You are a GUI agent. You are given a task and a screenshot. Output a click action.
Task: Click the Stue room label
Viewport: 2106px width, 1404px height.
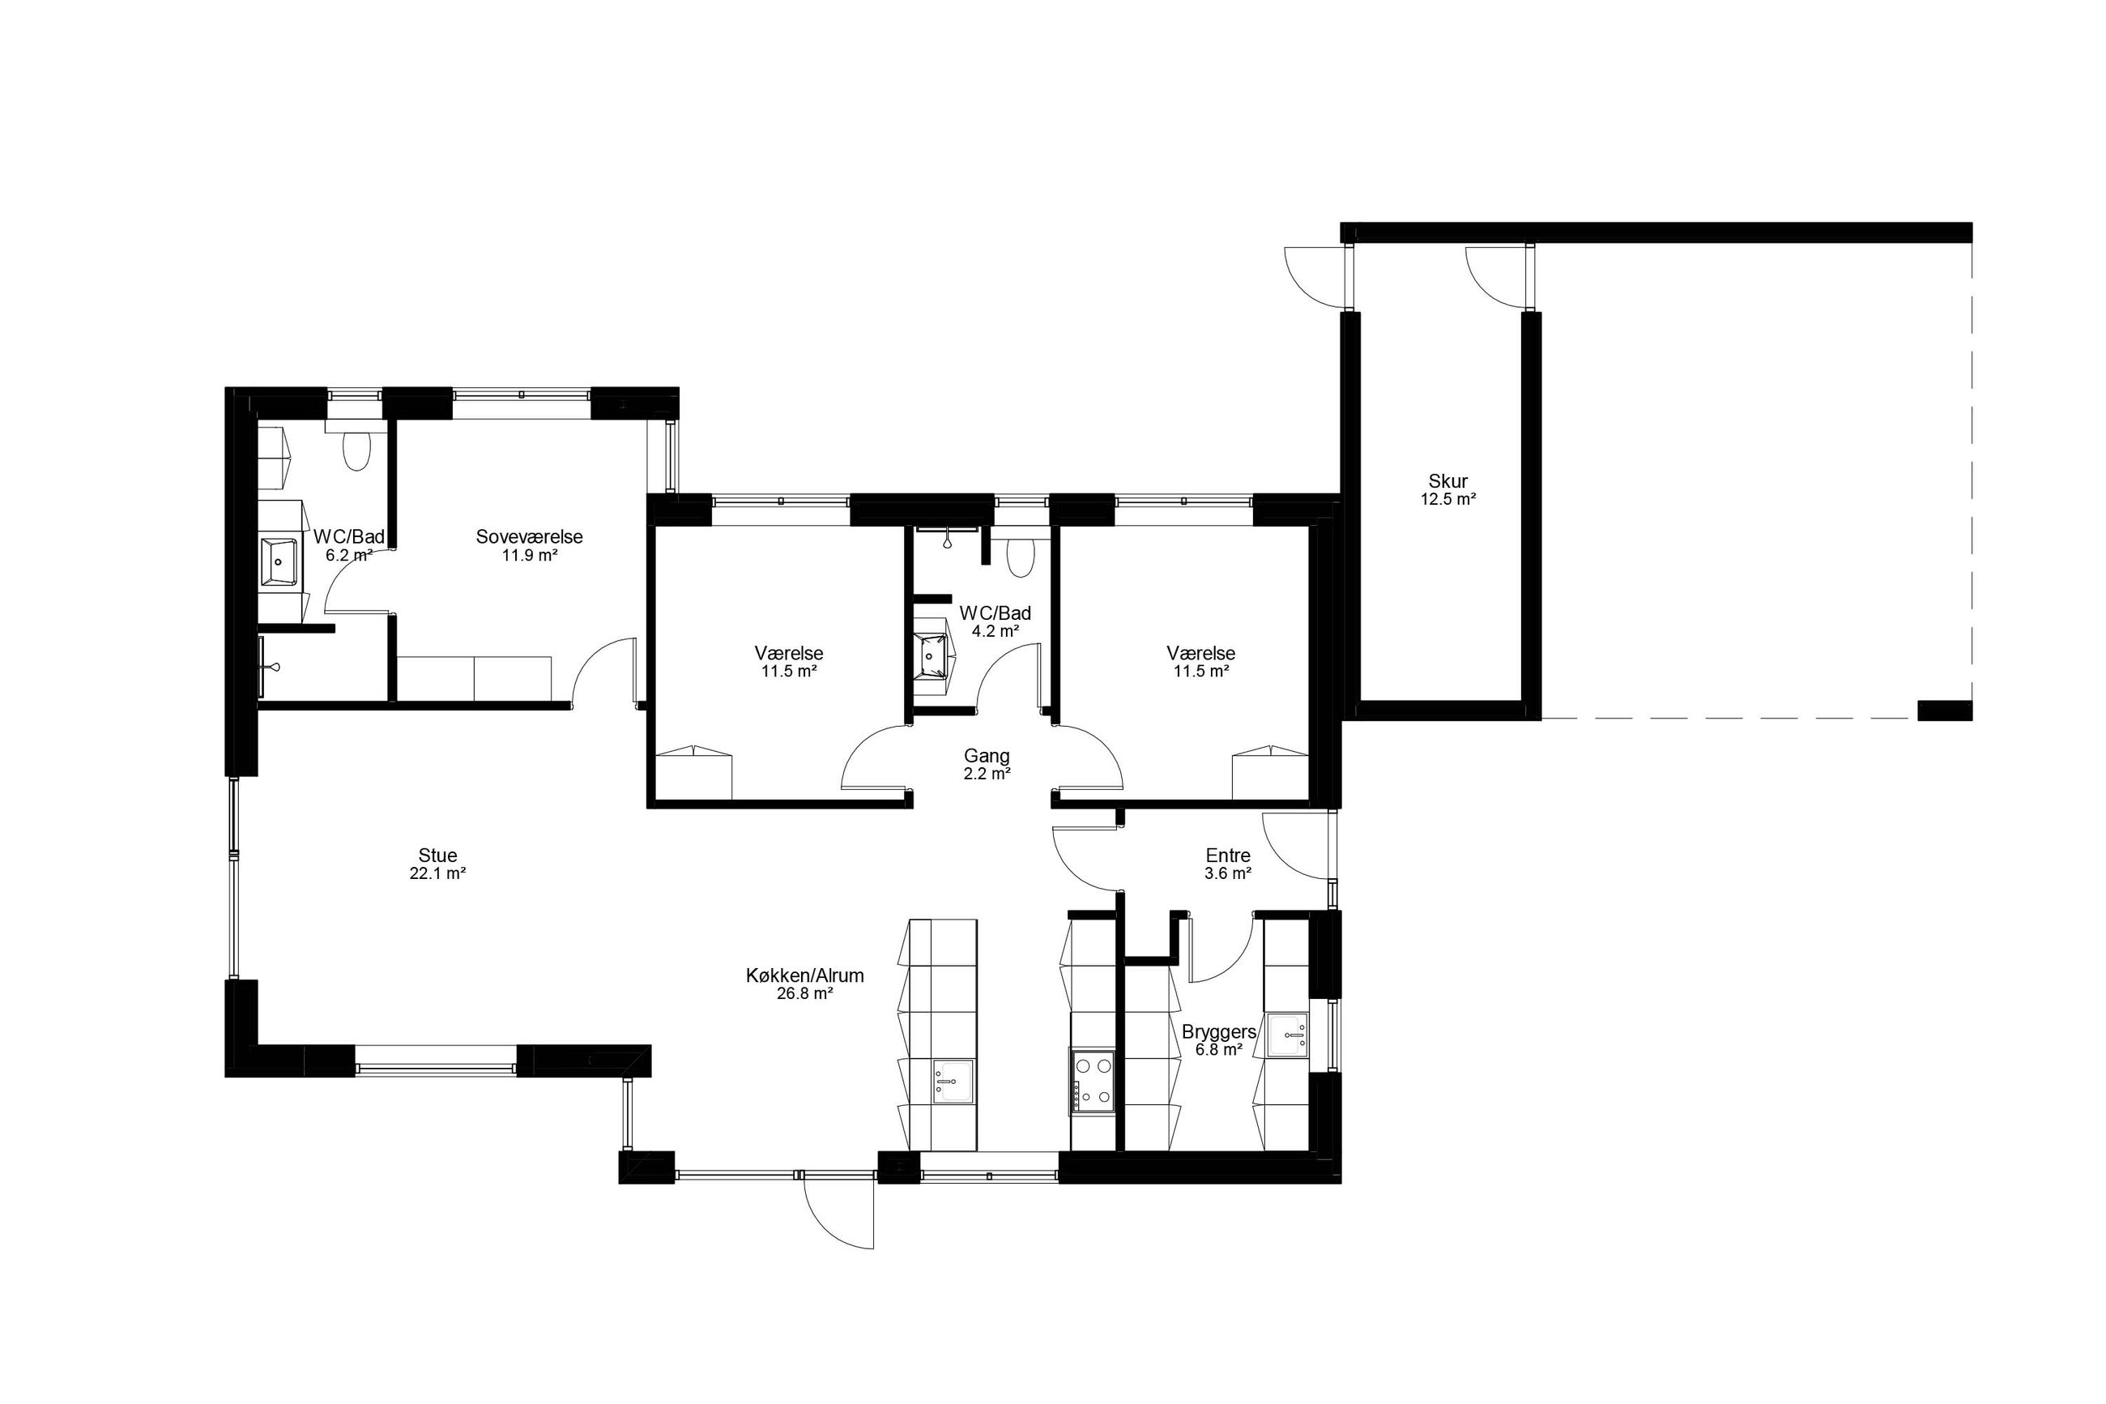pos(437,855)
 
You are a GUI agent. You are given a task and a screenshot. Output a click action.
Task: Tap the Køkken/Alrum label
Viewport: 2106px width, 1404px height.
pos(804,976)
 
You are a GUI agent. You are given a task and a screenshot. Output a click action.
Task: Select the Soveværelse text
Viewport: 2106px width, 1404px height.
pos(529,537)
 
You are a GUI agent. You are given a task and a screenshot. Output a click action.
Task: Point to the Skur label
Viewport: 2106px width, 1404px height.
pos(1447,482)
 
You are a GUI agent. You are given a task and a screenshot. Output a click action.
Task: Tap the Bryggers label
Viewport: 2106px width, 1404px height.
pos(1219,1032)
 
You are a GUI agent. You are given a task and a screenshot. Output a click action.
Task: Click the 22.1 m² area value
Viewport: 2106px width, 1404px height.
pos(437,874)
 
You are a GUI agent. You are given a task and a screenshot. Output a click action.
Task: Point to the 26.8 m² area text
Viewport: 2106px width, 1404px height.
pos(804,993)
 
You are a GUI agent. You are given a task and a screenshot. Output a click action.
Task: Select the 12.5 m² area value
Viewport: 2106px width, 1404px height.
pos(1447,500)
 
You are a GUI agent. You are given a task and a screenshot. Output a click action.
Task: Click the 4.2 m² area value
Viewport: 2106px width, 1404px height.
pos(995,631)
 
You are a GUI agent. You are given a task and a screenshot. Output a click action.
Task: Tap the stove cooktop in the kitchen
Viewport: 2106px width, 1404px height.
pos(1093,1082)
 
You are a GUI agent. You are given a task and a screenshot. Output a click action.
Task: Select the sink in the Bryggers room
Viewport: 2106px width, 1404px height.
pos(1288,1035)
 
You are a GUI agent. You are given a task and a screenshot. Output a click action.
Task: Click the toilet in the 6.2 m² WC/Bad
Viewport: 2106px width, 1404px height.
pos(356,450)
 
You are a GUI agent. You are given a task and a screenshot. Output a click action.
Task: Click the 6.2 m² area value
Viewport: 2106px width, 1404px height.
pos(349,555)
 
